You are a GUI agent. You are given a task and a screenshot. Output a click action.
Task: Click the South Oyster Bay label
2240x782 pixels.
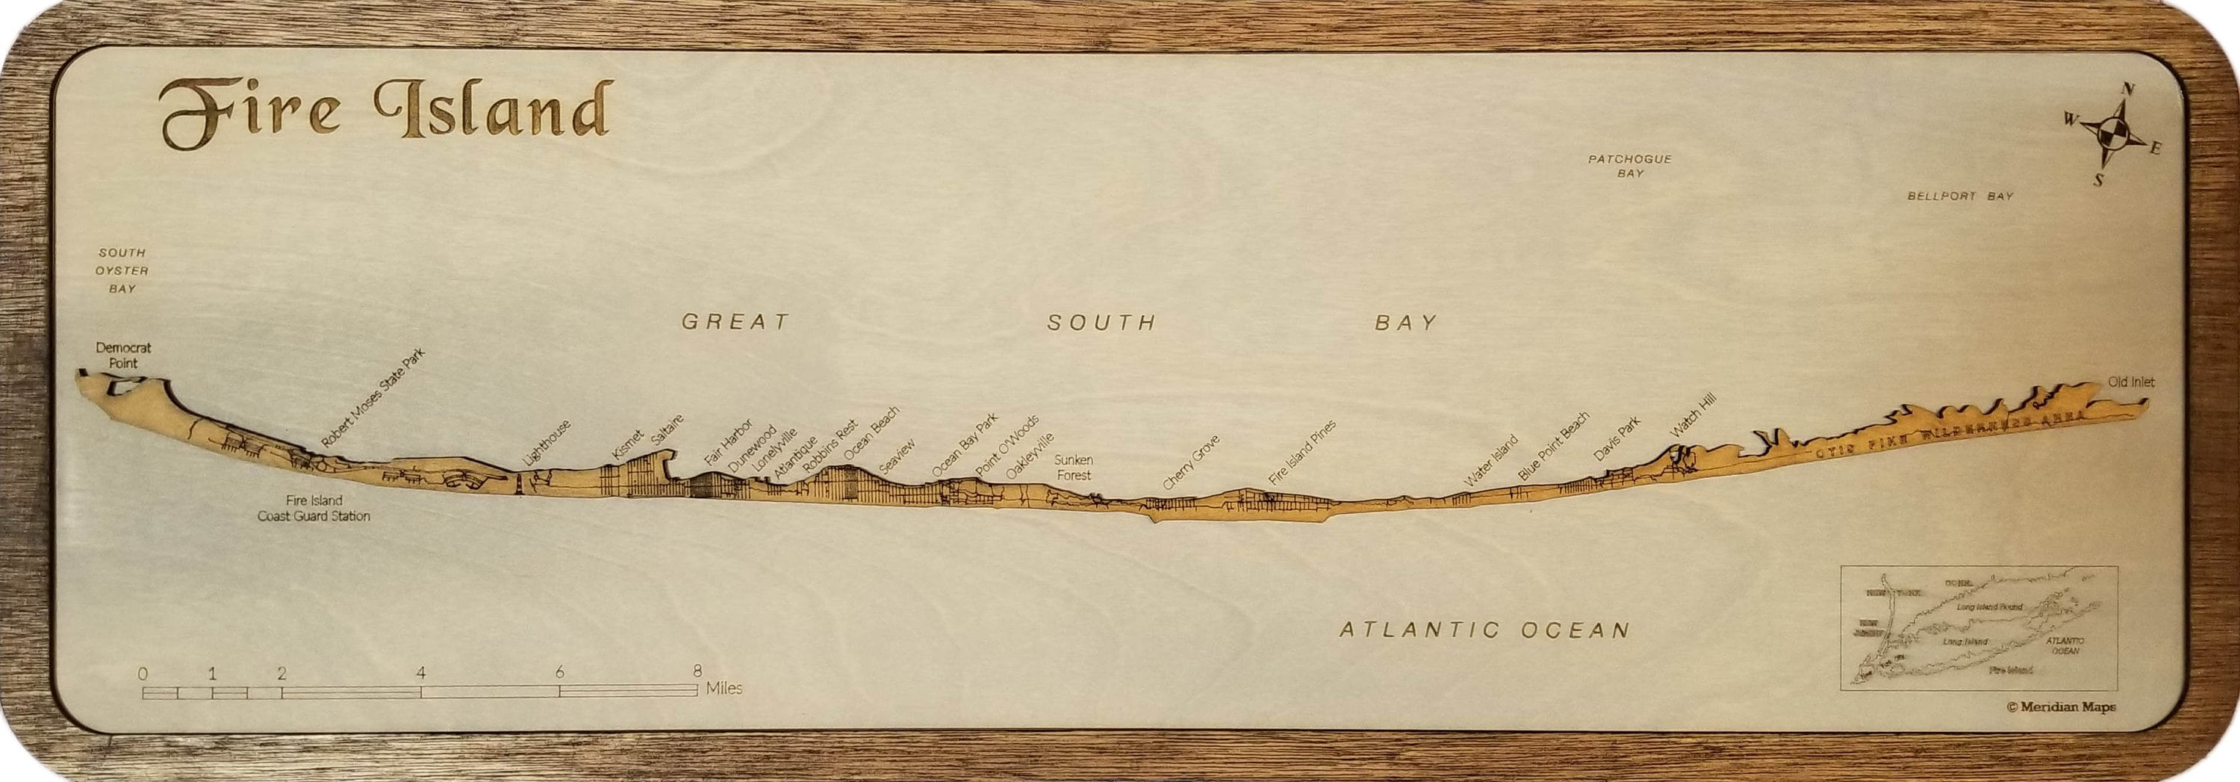(122, 270)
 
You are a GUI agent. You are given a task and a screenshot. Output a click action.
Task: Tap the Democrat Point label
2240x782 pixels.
(122, 355)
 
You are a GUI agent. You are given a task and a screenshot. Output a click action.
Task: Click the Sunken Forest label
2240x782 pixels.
(1073, 467)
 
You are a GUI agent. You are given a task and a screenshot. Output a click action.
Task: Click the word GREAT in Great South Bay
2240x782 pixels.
(735, 323)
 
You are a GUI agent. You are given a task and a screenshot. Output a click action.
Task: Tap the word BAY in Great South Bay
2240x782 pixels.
(1405, 323)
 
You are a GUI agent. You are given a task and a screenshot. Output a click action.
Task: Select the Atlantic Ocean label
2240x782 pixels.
(1484, 630)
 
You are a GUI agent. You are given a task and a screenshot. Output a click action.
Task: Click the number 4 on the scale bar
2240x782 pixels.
(421, 672)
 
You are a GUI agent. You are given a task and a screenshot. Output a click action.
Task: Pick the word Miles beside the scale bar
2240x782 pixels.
(724, 689)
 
